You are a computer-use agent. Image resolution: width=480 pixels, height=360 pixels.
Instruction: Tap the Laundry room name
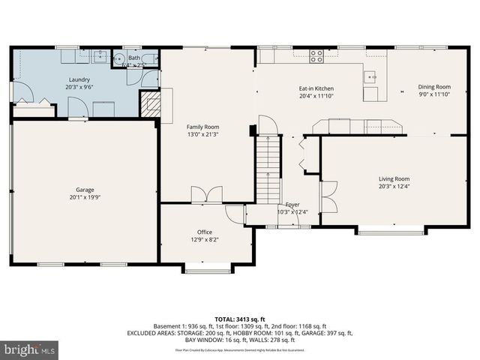click(79, 79)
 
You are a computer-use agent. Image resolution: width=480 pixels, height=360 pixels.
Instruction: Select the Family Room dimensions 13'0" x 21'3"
click(202, 134)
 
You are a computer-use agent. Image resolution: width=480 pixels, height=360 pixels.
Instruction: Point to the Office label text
click(205, 232)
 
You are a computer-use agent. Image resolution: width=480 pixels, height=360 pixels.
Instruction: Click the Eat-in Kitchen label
click(315, 88)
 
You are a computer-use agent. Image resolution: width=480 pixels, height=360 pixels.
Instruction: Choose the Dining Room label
click(433, 87)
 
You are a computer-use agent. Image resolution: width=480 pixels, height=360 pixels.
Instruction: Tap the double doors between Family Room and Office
click(202, 195)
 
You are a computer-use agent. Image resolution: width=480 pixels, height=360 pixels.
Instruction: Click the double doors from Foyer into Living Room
click(328, 196)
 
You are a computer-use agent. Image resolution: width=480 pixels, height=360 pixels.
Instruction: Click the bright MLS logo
click(29, 349)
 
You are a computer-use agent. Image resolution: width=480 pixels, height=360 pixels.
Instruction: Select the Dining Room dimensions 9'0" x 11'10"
click(433, 94)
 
